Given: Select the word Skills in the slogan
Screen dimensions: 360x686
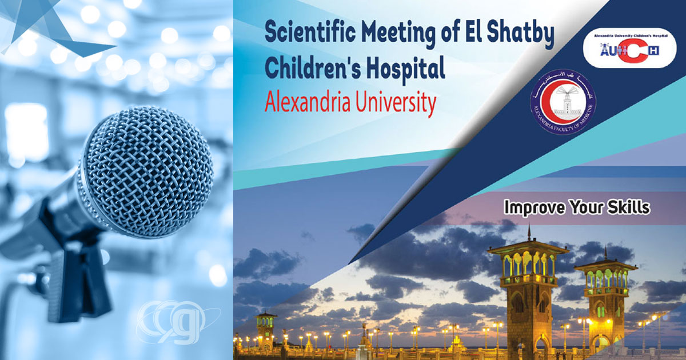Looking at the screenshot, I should tap(629, 207).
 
